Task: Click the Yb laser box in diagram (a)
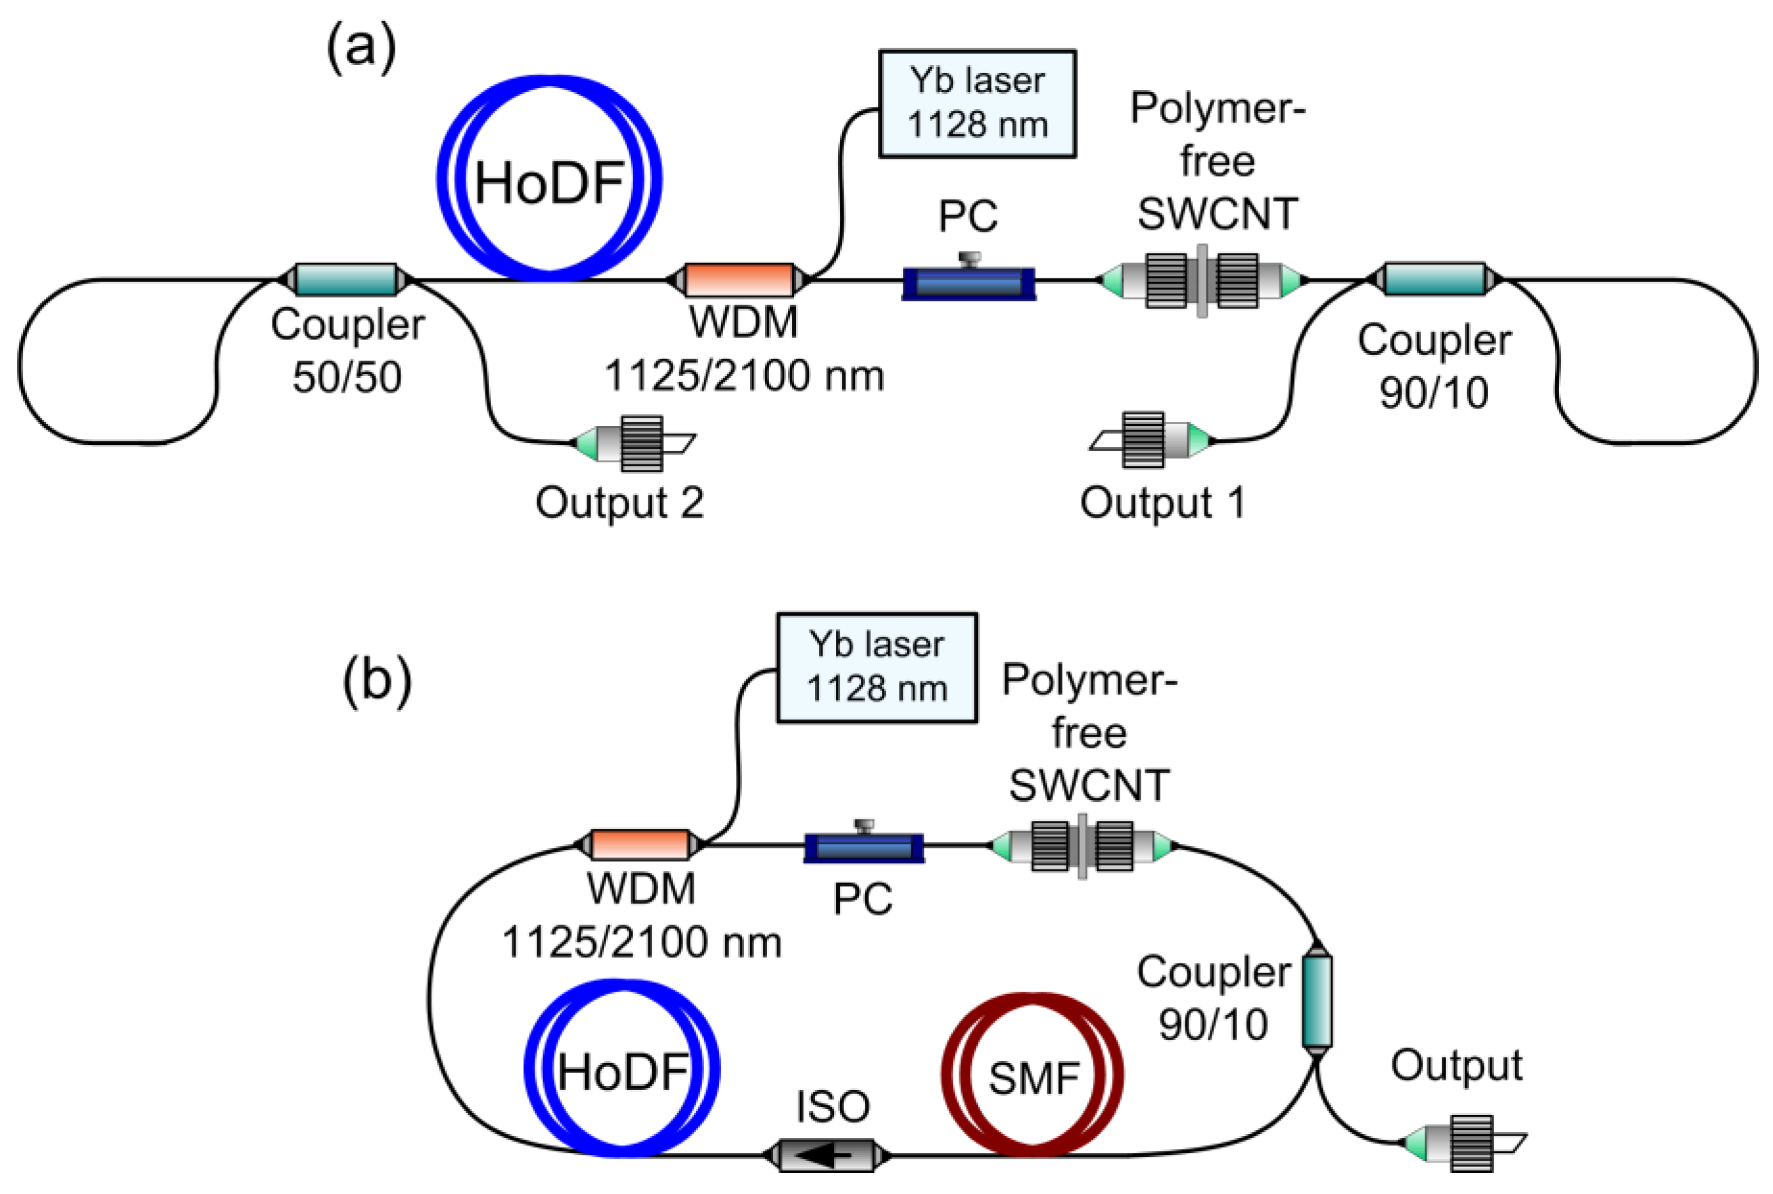[x=977, y=104]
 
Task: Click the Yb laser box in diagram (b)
[x=876, y=668]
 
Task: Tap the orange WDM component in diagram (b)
[x=640, y=845]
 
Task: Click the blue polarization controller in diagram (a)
[x=968, y=282]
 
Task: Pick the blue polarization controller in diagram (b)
[x=864, y=847]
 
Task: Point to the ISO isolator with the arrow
[x=827, y=1156]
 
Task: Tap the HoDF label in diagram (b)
[x=622, y=1072]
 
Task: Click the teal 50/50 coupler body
[x=346, y=280]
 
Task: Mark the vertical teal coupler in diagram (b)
[x=1316, y=1001]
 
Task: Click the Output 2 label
[x=619, y=503]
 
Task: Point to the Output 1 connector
[x=1152, y=440]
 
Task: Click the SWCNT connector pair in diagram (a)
[x=1202, y=280]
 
